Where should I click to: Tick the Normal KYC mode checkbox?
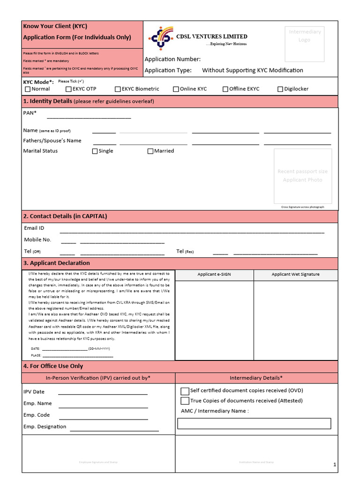pyautogui.click(x=28, y=89)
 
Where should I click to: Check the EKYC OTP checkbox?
pyautogui.click(x=68, y=89)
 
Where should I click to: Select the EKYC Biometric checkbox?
pyautogui.click(x=118, y=89)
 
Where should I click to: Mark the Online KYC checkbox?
pyautogui.click(x=176, y=89)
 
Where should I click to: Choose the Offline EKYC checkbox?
pyautogui.click(x=225, y=89)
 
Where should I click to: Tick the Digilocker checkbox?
pyautogui.click(x=280, y=89)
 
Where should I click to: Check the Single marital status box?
pyautogui.click(x=95, y=151)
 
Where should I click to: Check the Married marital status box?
pyautogui.click(x=150, y=151)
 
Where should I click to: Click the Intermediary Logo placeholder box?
pyautogui.click(x=305, y=44)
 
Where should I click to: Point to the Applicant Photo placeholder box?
pyautogui.click(x=302, y=176)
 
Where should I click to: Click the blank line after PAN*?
pyautogui.click(x=89, y=118)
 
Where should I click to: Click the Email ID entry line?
pyautogui.click(x=192, y=232)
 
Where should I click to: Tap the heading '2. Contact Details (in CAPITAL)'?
pyautogui.click(x=65, y=216)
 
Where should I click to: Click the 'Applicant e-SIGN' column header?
pyautogui.click(x=214, y=275)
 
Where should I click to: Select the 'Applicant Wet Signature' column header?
pyautogui.click(x=295, y=275)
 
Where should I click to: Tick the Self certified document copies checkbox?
pyautogui.click(x=185, y=391)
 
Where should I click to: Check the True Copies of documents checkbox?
pyautogui.click(x=185, y=401)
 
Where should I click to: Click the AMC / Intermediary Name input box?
pyautogui.click(x=254, y=424)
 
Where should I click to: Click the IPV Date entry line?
pyautogui.click(x=103, y=394)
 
